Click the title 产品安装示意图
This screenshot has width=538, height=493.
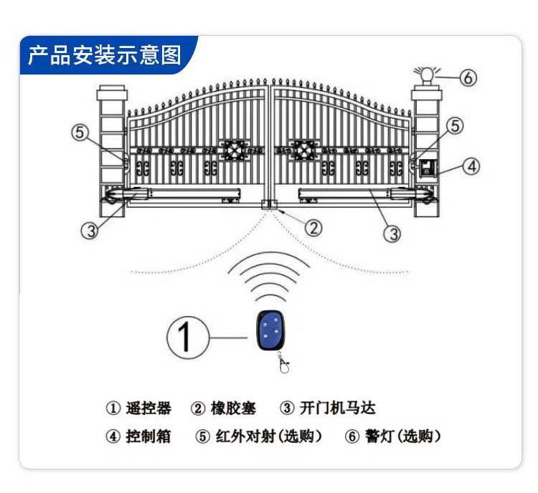tap(105, 55)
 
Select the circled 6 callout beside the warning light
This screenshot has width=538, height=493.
tap(468, 78)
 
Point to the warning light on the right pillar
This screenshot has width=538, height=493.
tap(425, 75)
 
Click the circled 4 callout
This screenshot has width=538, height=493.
tap(471, 167)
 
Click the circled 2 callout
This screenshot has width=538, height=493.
tap(313, 227)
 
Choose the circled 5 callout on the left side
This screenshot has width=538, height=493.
tap(80, 133)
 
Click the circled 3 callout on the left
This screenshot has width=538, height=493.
tap(89, 231)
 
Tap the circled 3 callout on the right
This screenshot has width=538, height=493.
tap(392, 233)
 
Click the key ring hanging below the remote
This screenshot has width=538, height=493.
tap(285, 366)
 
